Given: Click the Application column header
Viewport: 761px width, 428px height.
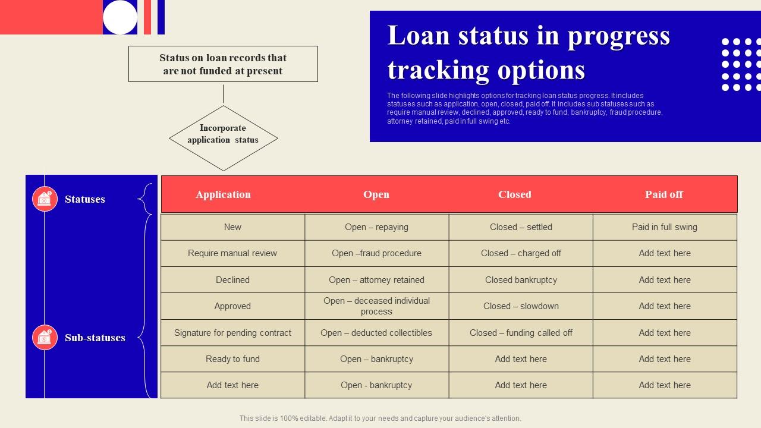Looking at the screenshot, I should tap(223, 194).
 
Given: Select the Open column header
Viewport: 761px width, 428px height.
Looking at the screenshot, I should tap(376, 194).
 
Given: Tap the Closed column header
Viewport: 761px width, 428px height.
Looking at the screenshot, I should tap(515, 194).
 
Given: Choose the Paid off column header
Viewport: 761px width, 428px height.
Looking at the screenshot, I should tap(664, 194).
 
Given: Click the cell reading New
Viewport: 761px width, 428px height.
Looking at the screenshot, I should tap(232, 227).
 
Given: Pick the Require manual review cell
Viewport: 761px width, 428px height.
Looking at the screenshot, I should tap(232, 253).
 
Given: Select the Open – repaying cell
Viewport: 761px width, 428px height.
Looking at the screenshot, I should tap(376, 227).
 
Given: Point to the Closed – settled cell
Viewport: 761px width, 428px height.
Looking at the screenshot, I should tap(521, 227).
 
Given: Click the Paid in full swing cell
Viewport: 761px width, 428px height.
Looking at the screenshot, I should tap(665, 227).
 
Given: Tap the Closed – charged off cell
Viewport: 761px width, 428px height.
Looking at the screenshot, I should tap(521, 253).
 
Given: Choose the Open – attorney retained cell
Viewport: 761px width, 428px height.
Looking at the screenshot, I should tap(376, 280).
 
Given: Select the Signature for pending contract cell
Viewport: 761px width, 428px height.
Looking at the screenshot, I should tap(232, 333).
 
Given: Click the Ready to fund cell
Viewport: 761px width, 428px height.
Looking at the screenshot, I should tap(232, 359).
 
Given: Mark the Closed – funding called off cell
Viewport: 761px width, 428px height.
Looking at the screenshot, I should tap(521, 333).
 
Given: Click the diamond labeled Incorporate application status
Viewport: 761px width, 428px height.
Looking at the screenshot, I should tap(223, 138).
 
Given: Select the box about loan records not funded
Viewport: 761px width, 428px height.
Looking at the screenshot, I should tap(223, 64).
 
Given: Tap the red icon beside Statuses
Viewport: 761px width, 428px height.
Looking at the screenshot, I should tap(45, 199).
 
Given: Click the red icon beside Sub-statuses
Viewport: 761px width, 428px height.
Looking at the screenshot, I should tap(45, 338).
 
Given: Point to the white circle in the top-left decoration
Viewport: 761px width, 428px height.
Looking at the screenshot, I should tap(120, 17).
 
